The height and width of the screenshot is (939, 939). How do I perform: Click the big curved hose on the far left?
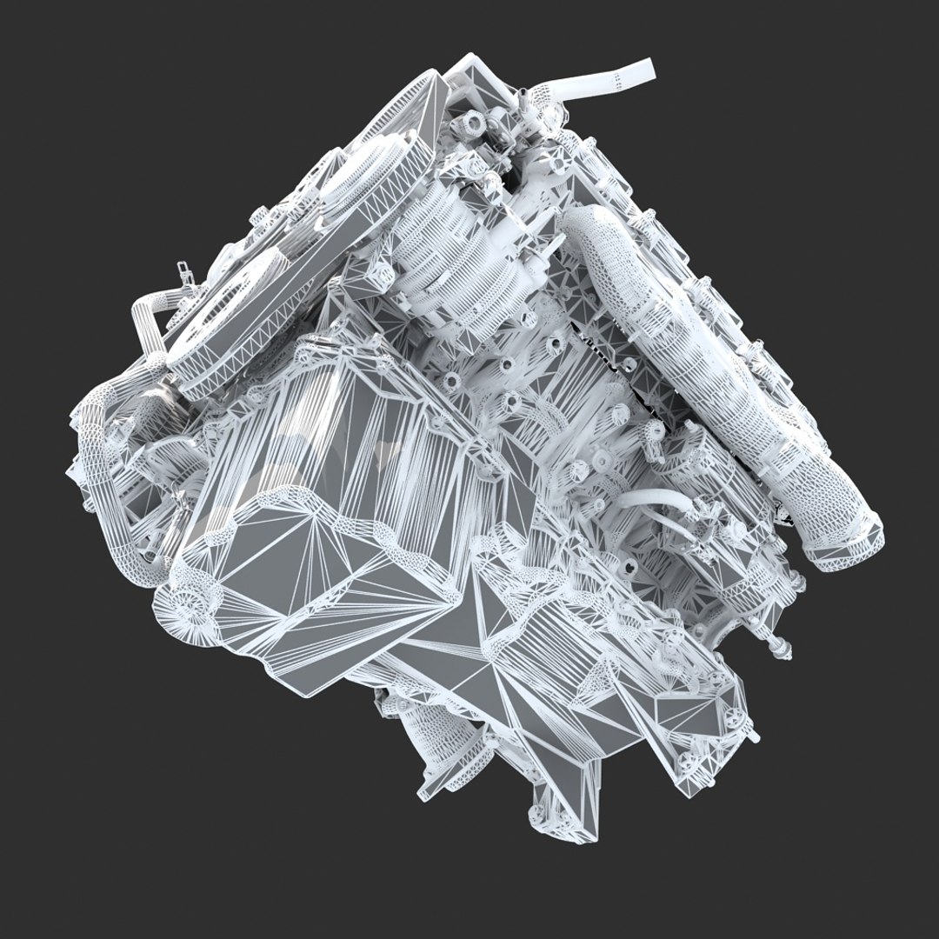coord(96,443)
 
